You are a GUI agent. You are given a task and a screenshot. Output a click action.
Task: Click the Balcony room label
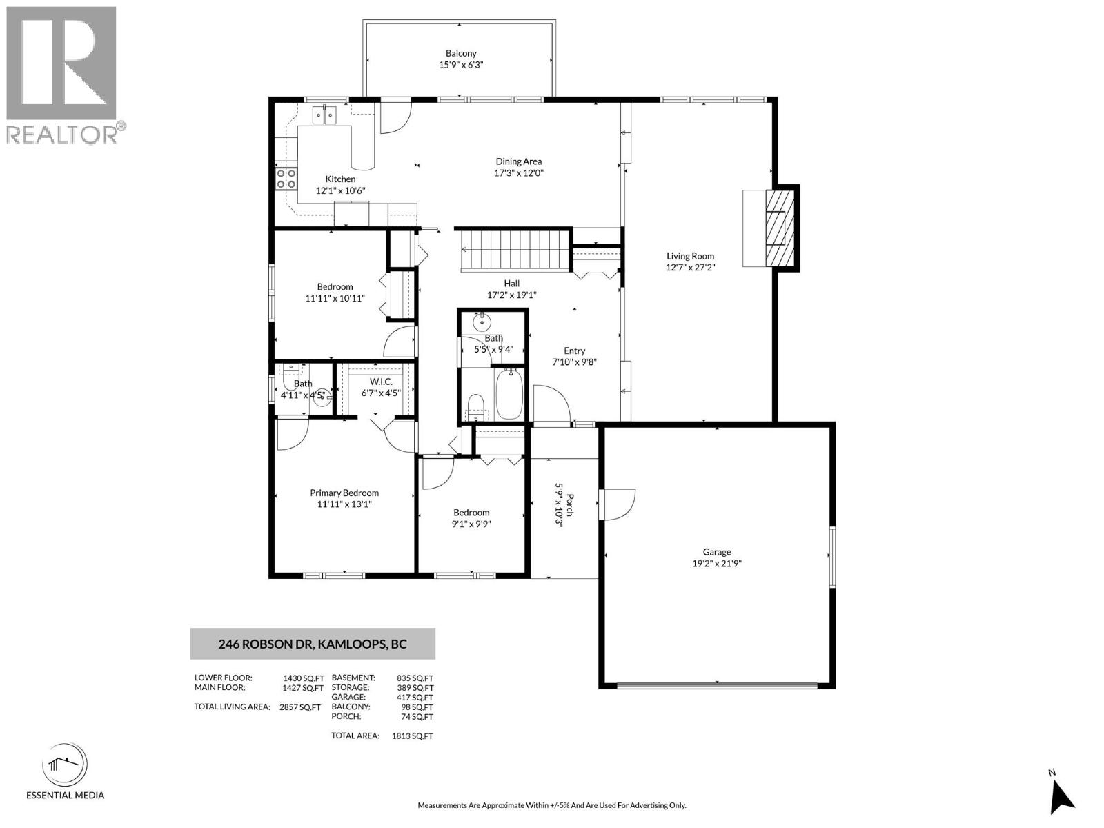pos(461,53)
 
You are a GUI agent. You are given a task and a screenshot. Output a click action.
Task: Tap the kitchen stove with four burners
pos(286,179)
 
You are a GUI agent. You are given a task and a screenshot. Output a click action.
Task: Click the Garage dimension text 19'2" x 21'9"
pos(717,563)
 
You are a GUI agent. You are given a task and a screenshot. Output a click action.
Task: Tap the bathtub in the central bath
pos(509,394)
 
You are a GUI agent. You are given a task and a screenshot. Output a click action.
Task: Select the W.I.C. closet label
pos(381,382)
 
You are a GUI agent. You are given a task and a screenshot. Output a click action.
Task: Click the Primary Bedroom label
pos(344,493)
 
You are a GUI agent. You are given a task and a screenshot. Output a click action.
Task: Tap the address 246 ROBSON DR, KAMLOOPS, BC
pos(313,644)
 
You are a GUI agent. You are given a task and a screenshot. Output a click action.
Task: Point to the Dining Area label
pos(518,161)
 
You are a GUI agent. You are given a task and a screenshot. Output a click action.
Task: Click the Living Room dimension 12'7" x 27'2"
pos(690,267)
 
